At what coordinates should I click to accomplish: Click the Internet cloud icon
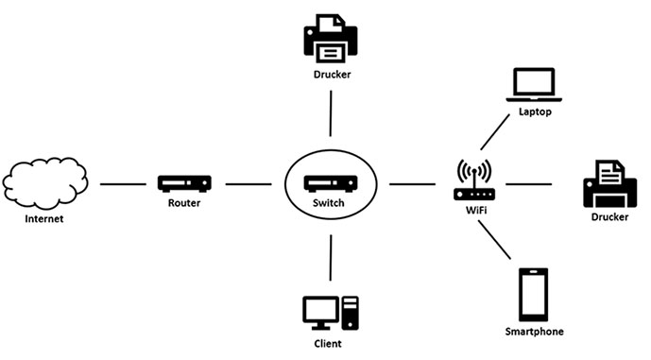tap(44, 181)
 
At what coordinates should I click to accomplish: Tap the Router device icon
tap(183, 183)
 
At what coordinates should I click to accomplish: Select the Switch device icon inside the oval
tap(330, 182)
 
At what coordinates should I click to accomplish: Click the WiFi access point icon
tap(474, 180)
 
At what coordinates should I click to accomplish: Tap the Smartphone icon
tap(534, 295)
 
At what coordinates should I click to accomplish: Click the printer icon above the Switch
tap(330, 37)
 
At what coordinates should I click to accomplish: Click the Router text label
tap(183, 203)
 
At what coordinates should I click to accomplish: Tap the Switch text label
tap(330, 203)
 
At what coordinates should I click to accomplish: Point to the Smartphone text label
tap(534, 332)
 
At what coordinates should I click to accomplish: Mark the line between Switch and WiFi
tap(412, 183)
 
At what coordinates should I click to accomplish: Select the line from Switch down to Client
tap(331, 257)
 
